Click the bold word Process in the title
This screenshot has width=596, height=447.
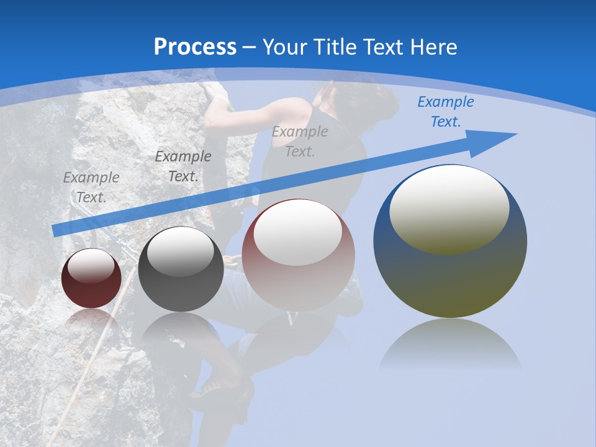click(195, 47)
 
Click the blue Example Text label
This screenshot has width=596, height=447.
click(445, 112)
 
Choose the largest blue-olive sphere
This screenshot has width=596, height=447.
click(450, 273)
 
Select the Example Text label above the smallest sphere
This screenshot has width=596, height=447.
click(91, 187)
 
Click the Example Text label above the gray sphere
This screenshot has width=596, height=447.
click(183, 166)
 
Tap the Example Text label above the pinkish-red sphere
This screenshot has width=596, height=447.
click(300, 141)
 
